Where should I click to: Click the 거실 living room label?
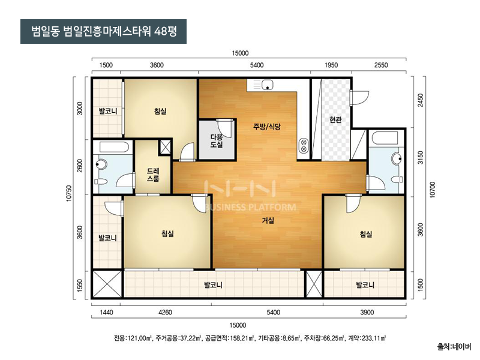tap(268, 220)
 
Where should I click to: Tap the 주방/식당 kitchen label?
tap(266, 127)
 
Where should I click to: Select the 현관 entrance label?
tap(335, 119)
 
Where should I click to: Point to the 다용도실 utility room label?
tap(217, 141)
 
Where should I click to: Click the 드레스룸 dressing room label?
tap(153, 175)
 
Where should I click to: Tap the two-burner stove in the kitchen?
tap(304, 146)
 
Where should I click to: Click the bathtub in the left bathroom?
tap(114, 147)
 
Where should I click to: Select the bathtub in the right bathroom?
tap(385, 138)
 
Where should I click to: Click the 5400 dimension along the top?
tap(257, 65)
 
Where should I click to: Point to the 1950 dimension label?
tap(331, 65)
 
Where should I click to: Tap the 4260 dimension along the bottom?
tap(165, 313)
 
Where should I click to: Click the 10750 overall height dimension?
tap(69, 193)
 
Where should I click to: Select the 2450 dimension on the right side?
tap(421, 100)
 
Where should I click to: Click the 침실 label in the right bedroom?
tap(366, 234)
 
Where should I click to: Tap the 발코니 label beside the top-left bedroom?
tap(108, 111)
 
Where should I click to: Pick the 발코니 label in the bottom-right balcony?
tap(365, 285)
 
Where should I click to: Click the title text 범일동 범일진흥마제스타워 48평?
tap(104, 31)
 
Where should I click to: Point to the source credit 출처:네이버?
tap(454, 347)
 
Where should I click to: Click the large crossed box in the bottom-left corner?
tap(107, 284)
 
